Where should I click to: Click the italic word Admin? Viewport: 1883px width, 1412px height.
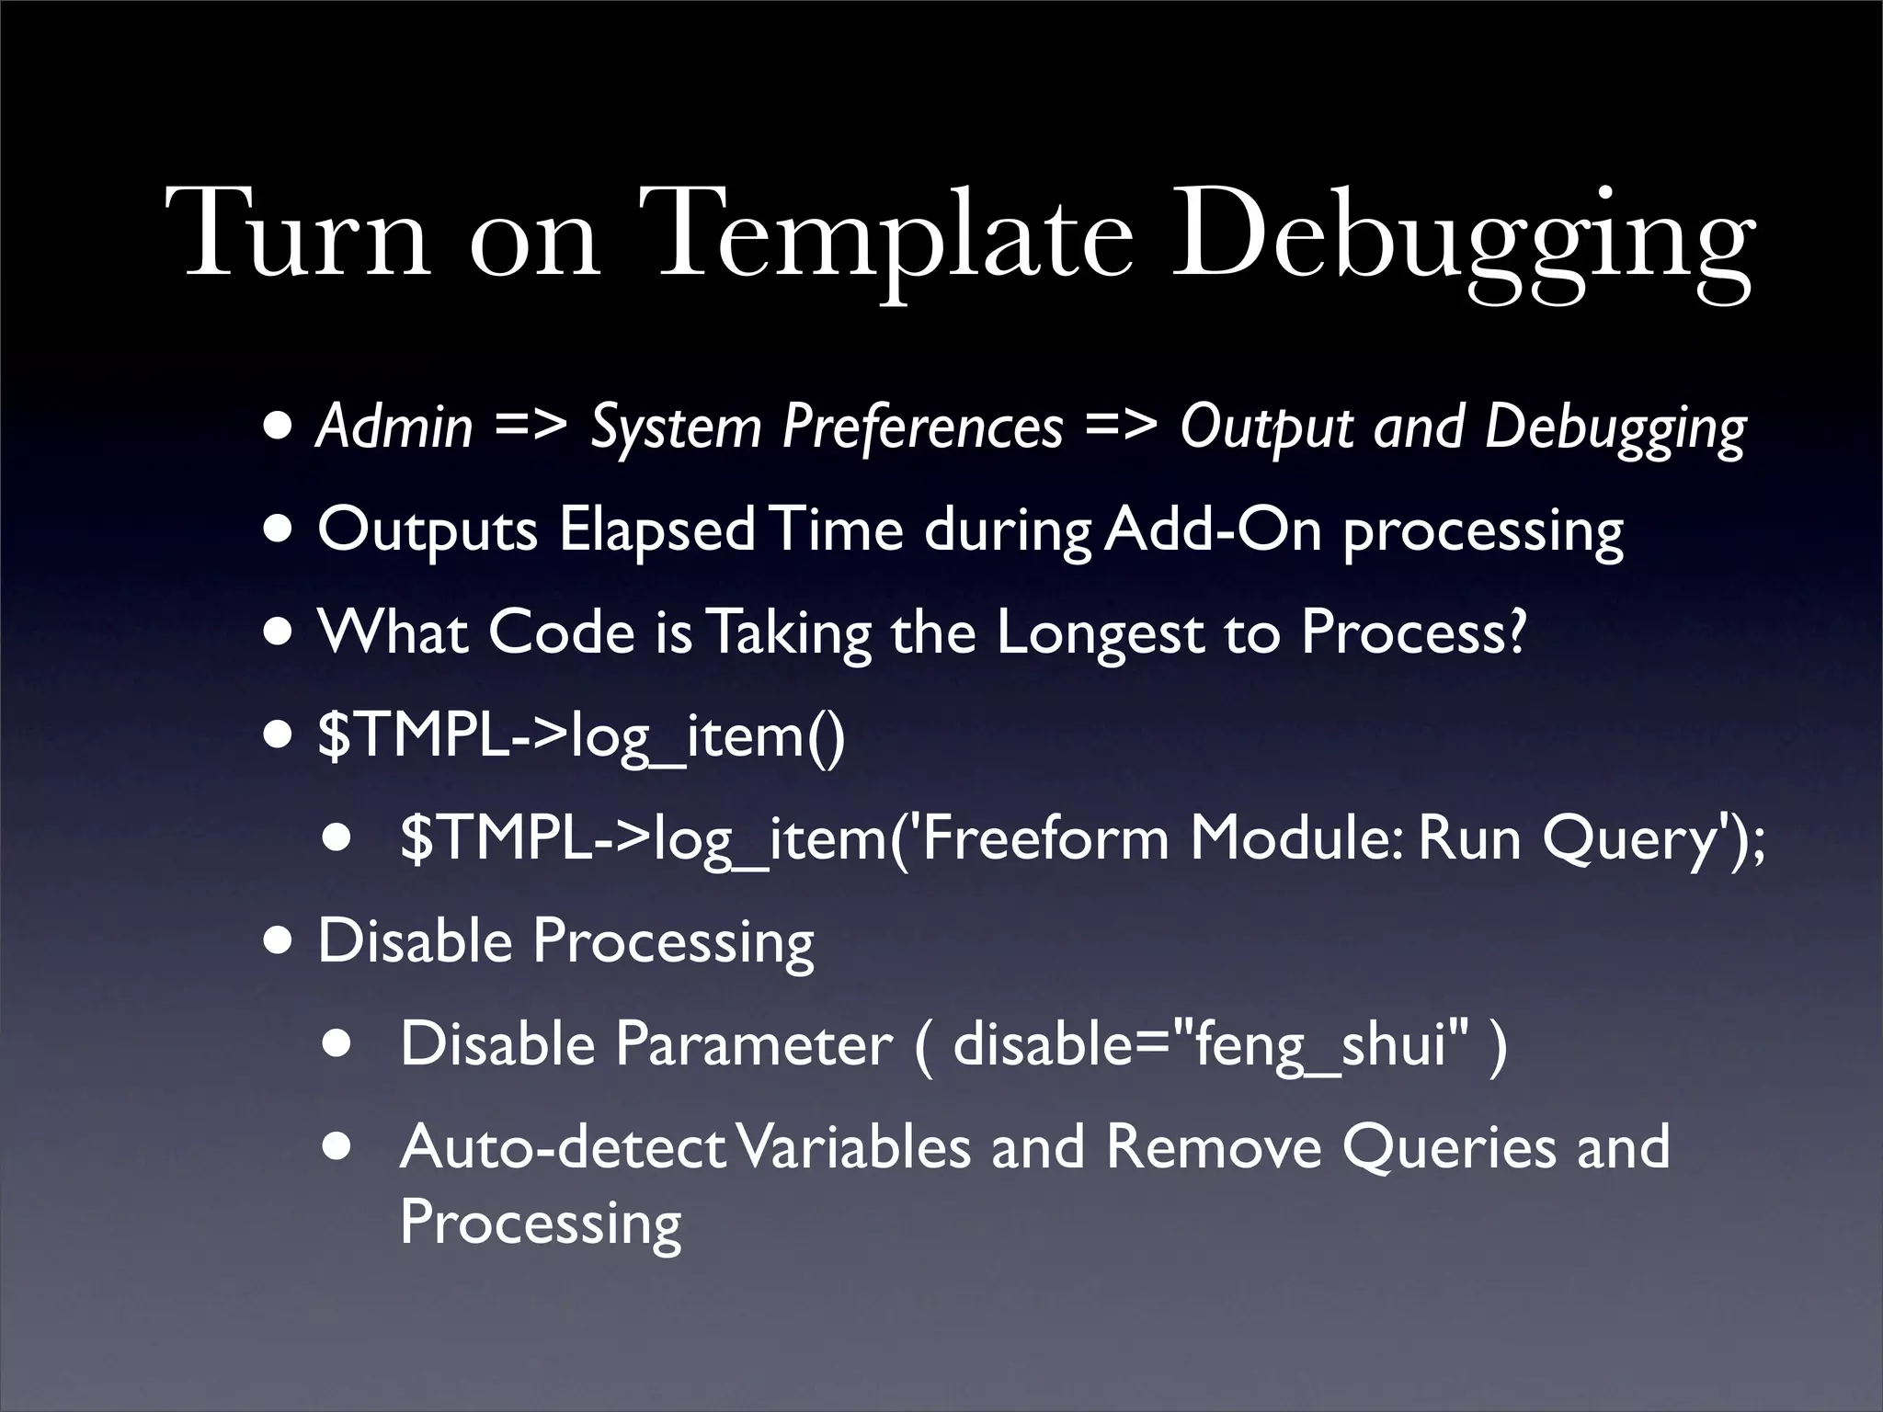pyautogui.click(x=394, y=427)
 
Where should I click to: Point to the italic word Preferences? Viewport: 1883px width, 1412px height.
pyautogui.click(x=922, y=427)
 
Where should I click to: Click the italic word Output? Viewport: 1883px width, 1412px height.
pyautogui.click(x=1267, y=427)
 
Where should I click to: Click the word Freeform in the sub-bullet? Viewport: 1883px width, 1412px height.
pyautogui.click(x=1044, y=838)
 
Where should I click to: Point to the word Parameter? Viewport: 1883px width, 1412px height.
pyautogui.click(x=754, y=1044)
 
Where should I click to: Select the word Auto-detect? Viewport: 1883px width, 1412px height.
pyautogui.click(x=564, y=1147)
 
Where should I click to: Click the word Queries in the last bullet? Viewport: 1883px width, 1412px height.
pyautogui.click(x=1449, y=1147)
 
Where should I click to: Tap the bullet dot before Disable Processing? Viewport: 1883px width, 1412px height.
pyautogui.click(x=280, y=942)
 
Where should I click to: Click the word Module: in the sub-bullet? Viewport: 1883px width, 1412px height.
pyautogui.click(x=1296, y=838)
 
